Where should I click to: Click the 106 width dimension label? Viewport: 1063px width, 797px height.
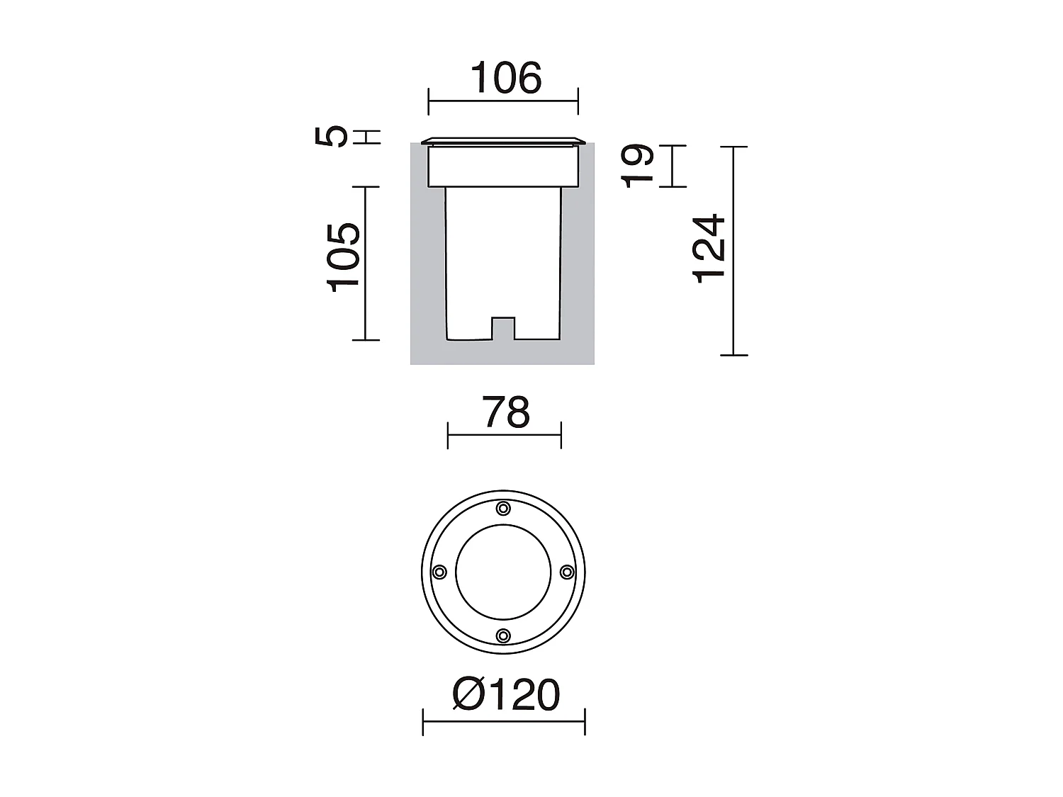click(506, 78)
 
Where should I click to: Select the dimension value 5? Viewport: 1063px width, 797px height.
click(332, 135)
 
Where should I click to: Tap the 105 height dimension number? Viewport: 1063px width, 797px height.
click(344, 256)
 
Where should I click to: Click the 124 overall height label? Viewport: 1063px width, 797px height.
click(709, 249)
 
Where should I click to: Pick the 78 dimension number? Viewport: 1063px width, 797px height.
click(506, 412)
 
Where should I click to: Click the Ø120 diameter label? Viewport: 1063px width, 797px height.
click(506, 694)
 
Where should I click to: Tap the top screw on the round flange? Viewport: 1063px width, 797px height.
click(503, 508)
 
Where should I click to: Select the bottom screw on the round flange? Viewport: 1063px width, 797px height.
click(503, 635)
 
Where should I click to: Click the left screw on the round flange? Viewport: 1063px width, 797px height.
click(439, 572)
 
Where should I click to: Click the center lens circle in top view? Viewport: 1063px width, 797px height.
click(503, 572)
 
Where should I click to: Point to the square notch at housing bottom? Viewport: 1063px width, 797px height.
click(503, 328)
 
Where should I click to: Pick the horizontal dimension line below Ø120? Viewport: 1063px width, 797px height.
click(504, 722)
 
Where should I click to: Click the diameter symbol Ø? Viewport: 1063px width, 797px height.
click(467, 694)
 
